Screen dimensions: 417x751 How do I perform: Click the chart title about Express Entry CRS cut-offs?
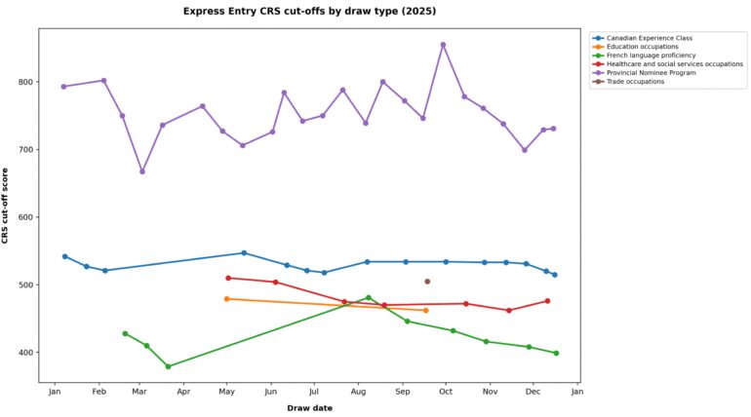click(310, 11)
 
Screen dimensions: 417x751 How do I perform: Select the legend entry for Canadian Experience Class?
click(649, 38)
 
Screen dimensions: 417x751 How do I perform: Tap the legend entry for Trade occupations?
click(635, 82)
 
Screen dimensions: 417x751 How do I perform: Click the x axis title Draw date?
click(309, 408)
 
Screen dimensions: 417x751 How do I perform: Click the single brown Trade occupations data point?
click(427, 282)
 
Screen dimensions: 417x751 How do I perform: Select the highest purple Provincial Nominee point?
click(443, 45)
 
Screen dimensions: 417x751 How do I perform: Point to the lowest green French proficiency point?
click(169, 366)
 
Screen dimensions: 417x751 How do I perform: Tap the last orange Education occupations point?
click(426, 311)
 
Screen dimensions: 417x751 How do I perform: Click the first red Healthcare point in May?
click(228, 278)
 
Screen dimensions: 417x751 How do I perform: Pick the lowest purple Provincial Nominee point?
click(142, 171)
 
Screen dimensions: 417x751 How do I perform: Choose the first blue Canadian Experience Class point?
click(64, 256)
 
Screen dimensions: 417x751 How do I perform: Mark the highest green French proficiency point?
click(368, 297)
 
